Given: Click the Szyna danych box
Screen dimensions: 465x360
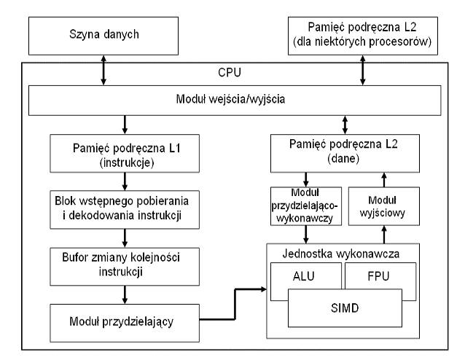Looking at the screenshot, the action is [x=103, y=36].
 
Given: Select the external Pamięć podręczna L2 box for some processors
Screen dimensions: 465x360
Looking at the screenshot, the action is [x=363, y=36].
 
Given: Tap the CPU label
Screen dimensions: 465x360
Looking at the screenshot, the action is [x=230, y=73].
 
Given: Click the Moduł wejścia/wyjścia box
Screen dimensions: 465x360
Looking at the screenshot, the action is [x=235, y=101].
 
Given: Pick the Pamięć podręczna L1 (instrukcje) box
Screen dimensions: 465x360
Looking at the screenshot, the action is [x=125, y=153].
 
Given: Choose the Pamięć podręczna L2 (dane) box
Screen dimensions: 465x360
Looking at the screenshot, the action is [x=345, y=153].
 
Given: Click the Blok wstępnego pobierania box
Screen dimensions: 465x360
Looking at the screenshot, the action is [x=125, y=210].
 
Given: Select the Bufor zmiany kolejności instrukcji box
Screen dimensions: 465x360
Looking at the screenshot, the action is [x=125, y=267].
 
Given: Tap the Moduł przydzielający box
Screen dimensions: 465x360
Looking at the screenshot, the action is [x=125, y=323].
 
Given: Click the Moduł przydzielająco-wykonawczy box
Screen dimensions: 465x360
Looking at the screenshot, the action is [x=306, y=206].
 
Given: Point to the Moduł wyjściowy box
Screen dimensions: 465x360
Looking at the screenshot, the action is [x=384, y=206].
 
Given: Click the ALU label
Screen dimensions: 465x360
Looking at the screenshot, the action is [x=303, y=276].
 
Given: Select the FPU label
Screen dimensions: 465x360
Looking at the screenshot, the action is [x=378, y=276].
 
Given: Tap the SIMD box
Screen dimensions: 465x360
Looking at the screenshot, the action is [x=345, y=308].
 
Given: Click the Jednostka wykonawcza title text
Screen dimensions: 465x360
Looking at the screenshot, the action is [x=341, y=254].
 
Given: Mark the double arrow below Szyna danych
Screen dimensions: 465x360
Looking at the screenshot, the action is [x=103, y=70].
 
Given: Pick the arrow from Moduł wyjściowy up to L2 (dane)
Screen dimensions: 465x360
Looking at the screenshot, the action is [x=384, y=180].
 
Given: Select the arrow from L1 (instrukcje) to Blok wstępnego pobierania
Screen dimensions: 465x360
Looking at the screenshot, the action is [x=125, y=181].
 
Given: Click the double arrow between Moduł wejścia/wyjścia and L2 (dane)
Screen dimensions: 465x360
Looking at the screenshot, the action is [x=345, y=125].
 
